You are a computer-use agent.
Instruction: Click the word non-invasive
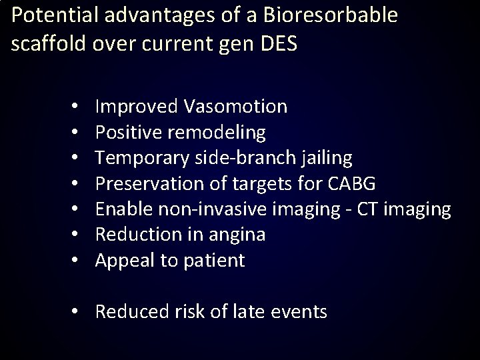point(215,209)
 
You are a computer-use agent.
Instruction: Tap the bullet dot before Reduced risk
point(77,311)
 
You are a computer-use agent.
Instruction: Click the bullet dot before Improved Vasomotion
point(77,107)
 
